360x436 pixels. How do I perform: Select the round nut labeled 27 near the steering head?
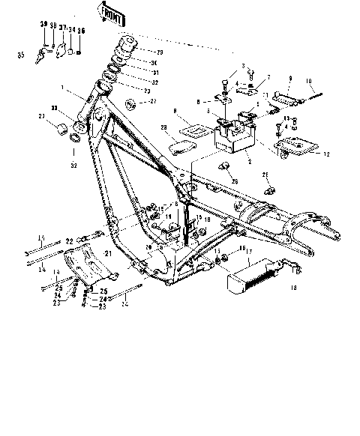(x=131, y=102)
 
